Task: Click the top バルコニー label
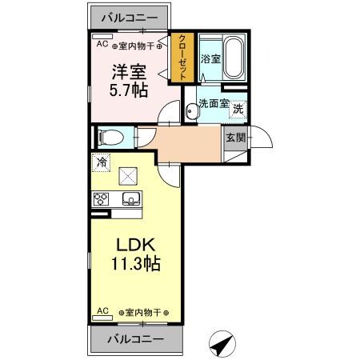pos(129,15)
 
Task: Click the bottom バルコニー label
pos(134,338)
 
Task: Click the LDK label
pos(134,243)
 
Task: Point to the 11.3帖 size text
pos(134,263)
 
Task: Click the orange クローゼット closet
pos(182,57)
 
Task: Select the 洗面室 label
pos(214,103)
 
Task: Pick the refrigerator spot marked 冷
pos(102,162)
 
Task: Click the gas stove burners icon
pos(102,199)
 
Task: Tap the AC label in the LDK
pos(102,310)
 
